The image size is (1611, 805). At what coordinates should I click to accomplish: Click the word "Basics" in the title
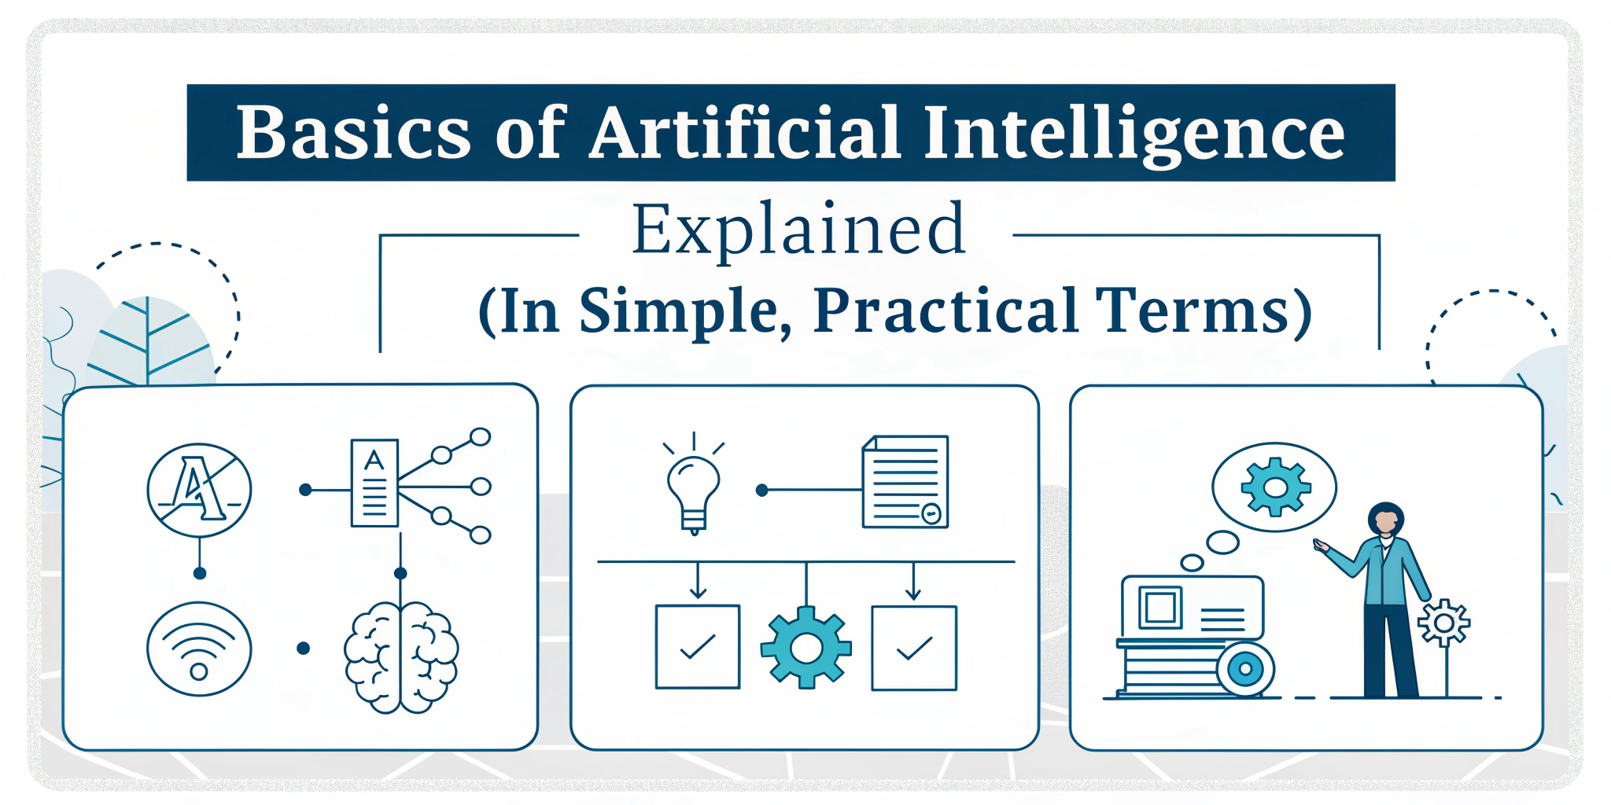[353, 133]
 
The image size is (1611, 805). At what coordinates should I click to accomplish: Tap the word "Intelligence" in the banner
[1134, 133]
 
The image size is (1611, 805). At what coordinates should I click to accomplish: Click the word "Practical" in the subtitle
[945, 311]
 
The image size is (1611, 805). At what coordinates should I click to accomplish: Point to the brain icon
[401, 656]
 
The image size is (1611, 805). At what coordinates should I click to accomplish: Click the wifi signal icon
[199, 649]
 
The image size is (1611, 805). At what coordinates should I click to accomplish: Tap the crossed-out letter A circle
[199, 489]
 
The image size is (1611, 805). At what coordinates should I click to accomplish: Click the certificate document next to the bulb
[905, 481]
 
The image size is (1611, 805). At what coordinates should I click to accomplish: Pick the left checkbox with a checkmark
[698, 647]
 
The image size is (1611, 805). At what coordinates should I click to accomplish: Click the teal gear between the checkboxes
[805, 647]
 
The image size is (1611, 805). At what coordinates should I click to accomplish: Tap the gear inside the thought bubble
[1275, 487]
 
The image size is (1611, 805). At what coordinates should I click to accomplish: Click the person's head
[1385, 520]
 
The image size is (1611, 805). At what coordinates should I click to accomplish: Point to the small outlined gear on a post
[1443, 623]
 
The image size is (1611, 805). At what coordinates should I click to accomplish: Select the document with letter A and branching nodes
[374, 483]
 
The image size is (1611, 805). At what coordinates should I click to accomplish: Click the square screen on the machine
[1160, 607]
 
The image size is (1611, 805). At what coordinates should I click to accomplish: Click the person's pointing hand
[1321, 545]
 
